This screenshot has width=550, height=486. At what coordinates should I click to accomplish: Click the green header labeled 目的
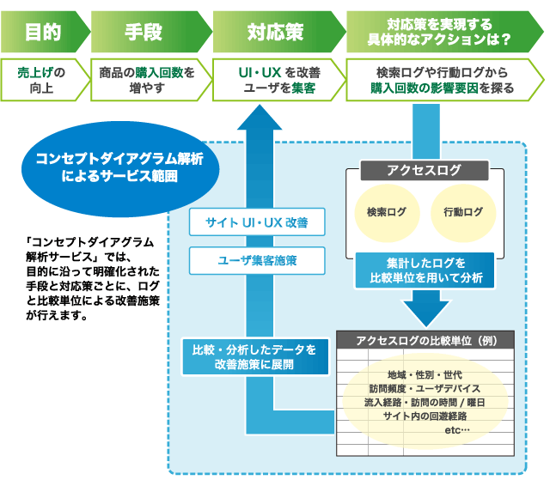click(44, 32)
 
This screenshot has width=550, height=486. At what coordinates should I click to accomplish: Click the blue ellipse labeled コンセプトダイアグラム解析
click(120, 169)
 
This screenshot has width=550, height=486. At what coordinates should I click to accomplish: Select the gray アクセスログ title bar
click(425, 170)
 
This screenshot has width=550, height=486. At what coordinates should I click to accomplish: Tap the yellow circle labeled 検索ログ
click(387, 213)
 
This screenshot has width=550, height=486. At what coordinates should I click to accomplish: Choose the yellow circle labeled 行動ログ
click(463, 213)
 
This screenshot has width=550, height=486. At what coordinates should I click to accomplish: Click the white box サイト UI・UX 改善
click(257, 222)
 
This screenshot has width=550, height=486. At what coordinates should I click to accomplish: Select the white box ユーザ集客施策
click(257, 261)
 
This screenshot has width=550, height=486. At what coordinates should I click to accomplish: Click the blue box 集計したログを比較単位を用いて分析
click(425, 270)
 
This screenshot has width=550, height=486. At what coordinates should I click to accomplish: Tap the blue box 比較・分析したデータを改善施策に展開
click(255, 356)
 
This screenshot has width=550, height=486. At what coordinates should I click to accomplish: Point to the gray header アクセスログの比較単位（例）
click(425, 340)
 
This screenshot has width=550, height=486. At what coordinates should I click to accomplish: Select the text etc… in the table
click(457, 430)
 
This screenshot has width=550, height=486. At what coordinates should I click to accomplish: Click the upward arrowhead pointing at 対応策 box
click(260, 118)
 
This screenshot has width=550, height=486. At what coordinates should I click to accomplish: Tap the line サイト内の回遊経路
click(425, 416)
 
